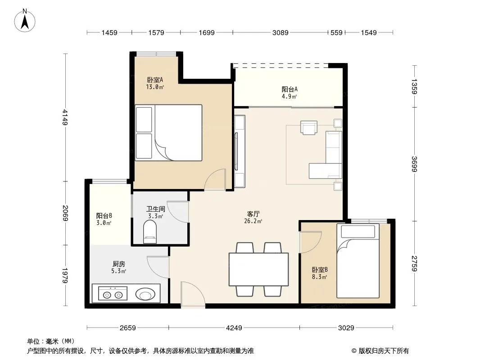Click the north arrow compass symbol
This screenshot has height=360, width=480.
(x=25, y=21)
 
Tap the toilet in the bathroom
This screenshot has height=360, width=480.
(x=150, y=232)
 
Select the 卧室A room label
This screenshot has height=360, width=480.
(x=155, y=80)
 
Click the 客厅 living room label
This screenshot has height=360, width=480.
(x=254, y=214)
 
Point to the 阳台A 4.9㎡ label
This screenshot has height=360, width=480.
(x=290, y=93)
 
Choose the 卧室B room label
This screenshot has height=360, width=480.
(x=320, y=270)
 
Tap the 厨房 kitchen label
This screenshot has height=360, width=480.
(x=119, y=264)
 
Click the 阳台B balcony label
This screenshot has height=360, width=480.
(x=104, y=216)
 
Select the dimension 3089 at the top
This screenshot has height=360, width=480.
(x=281, y=33)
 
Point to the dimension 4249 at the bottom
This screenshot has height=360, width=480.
(x=234, y=328)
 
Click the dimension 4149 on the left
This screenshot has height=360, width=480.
(x=65, y=117)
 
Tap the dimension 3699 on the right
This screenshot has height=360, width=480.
(x=414, y=164)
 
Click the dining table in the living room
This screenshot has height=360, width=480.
(x=258, y=270)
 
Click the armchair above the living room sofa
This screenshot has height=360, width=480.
(x=309, y=127)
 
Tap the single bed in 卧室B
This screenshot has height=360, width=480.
(x=358, y=261)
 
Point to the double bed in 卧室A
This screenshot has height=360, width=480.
(x=169, y=133)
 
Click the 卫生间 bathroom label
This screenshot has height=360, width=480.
(x=155, y=209)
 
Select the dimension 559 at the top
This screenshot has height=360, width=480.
(x=336, y=33)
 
